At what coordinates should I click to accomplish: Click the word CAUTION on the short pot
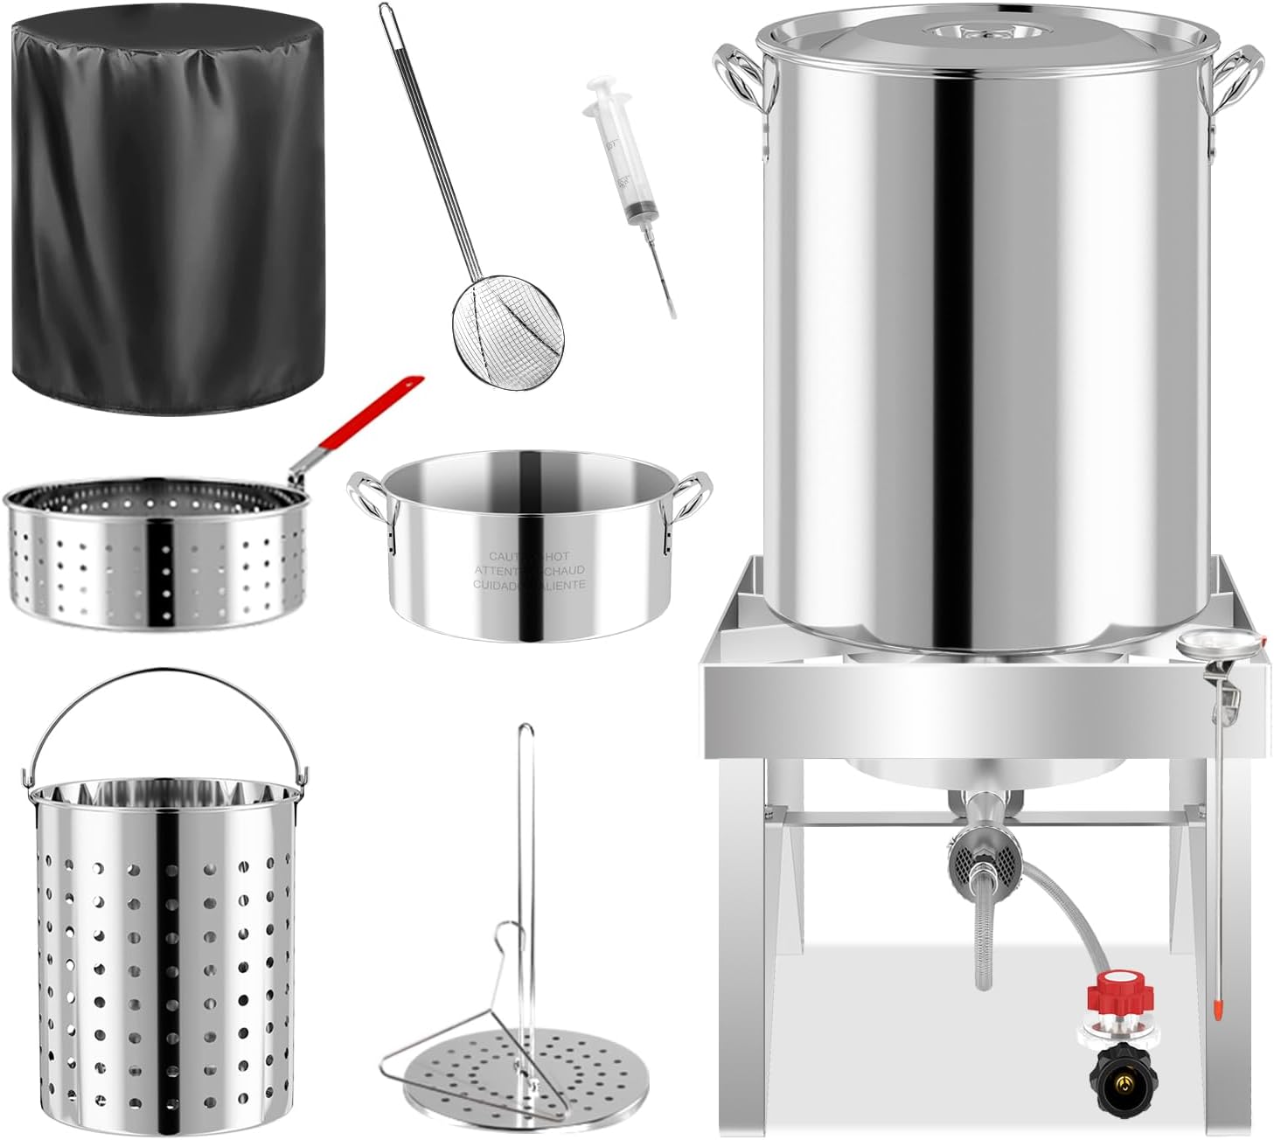point(505,556)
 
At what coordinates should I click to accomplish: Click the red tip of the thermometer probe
point(1216,1012)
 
